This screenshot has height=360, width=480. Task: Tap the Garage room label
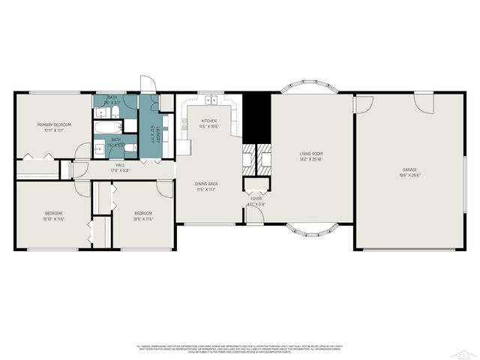coord(409,170)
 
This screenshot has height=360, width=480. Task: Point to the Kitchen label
coord(208,121)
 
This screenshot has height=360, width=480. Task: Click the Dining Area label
coord(207,184)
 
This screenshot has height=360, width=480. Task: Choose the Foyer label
coord(256,199)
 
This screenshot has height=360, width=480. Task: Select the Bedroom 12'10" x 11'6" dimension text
coord(54,219)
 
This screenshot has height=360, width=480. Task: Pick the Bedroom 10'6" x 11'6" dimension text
coord(142,219)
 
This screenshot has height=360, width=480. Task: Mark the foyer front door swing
coord(255,214)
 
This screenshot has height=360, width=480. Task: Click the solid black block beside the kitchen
coord(257,116)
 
